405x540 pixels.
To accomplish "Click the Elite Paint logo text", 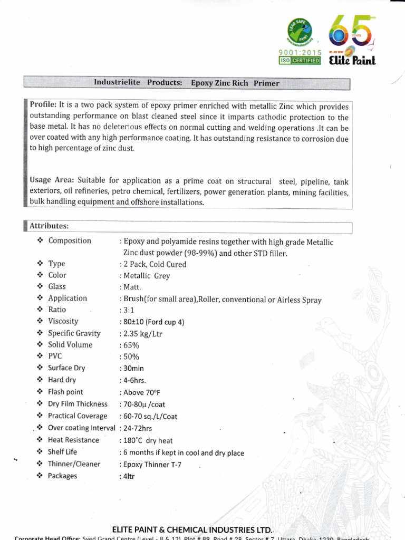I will (x=352, y=61).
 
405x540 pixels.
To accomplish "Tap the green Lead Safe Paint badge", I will (x=299, y=31).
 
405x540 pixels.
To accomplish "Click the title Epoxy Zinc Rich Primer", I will (x=235, y=83).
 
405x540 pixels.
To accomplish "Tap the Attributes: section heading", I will (x=49, y=226).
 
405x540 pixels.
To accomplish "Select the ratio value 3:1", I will (x=128, y=310).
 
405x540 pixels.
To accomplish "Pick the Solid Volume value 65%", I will (x=130, y=345).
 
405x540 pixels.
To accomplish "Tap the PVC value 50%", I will (x=130, y=357).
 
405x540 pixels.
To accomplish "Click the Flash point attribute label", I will (x=65, y=392).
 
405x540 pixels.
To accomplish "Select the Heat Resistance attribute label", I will (x=73, y=440).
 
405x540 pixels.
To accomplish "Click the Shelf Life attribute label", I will (x=62, y=452).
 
